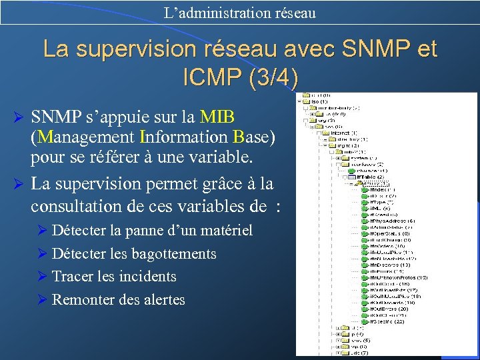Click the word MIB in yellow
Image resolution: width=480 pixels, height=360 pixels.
[x=217, y=117]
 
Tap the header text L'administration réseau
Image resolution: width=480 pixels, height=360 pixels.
[x=239, y=12]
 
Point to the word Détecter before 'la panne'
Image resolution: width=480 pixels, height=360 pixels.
[x=79, y=231]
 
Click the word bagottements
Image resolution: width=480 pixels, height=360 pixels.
[x=173, y=254]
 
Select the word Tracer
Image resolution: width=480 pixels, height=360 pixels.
[x=70, y=277]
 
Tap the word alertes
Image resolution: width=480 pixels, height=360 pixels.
[x=164, y=300]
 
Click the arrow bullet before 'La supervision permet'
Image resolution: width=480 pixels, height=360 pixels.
[x=19, y=183]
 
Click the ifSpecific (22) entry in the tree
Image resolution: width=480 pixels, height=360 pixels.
[x=389, y=321]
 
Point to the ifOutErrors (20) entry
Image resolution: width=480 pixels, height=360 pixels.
[x=389, y=309]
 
